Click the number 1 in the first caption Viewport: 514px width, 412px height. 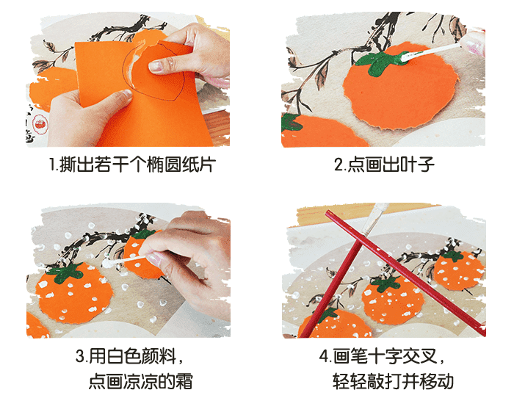tap(52, 165)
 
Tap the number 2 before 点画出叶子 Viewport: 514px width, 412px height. tap(339, 165)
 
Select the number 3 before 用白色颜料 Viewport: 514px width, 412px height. tap(80, 356)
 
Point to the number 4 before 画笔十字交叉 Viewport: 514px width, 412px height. tap(325, 356)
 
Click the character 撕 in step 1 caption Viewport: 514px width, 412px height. tap(68, 165)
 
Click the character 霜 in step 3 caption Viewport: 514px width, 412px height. tap(184, 381)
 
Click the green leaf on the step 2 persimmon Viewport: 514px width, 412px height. tap(380, 61)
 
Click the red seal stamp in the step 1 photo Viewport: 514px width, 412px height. tap(40, 124)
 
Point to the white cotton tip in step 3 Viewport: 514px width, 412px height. tap(107, 262)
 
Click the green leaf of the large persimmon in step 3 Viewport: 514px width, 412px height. tap(65, 272)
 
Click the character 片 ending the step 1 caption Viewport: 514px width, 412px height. tap(208, 165)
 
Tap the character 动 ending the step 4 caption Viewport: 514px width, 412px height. tap(445, 381)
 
